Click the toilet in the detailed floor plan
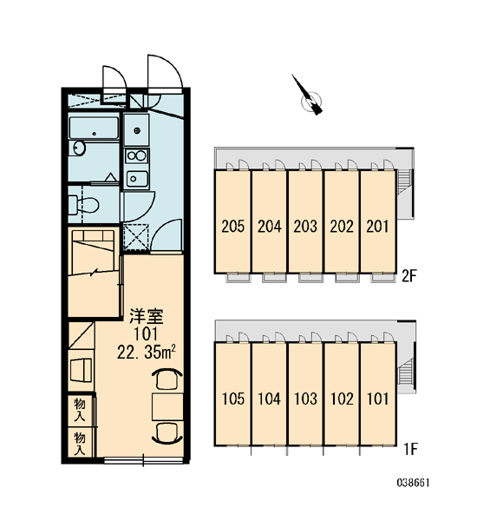83,204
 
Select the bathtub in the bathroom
94,128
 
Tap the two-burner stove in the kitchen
136,155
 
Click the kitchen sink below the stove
136,179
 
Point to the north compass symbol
309,97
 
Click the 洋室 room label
147,316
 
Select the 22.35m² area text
146,353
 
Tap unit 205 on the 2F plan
233,227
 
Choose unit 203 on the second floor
305,227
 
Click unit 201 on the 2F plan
377,227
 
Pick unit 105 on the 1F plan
233,399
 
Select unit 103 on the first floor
305,399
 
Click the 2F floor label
409,276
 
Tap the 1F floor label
410,449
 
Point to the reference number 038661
414,483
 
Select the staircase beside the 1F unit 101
406,373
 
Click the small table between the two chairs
167,406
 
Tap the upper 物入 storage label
80,410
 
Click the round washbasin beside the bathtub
79,148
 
